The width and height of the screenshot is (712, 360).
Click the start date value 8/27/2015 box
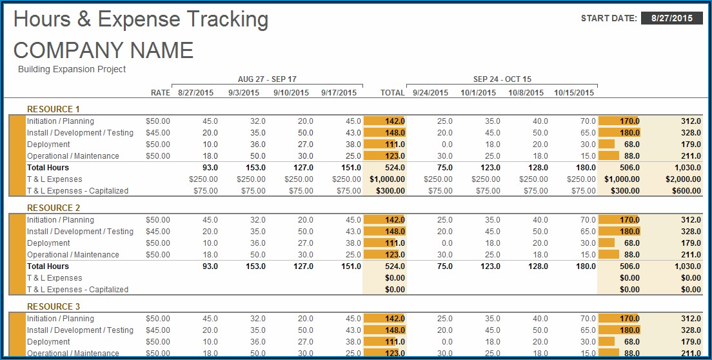pos(671,18)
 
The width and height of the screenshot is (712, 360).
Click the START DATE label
pos(609,18)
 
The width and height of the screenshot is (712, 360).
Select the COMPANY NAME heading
pos(103,50)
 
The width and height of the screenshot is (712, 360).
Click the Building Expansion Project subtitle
pos(72,69)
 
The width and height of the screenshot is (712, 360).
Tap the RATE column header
pos(161,93)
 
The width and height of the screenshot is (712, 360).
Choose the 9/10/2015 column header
pos(291,93)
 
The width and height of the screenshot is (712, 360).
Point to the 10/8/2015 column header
pos(526,93)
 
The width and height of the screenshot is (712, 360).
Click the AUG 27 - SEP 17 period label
pos(267,79)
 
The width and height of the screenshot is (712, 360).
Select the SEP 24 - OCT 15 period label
pos(502,79)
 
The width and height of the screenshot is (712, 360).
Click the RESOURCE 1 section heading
pos(54,109)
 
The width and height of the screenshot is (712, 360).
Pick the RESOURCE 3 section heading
pos(54,306)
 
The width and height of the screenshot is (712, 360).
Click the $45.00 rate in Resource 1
pos(158,133)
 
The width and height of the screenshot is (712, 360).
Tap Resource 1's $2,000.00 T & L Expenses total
pos(683,179)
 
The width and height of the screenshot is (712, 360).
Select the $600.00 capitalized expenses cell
pos(687,191)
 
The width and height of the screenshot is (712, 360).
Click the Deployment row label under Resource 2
pos(48,243)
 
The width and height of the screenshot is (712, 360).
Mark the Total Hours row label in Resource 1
pos(48,168)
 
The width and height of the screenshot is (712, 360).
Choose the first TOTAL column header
pos(392,93)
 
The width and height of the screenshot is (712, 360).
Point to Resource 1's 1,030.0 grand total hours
pos(686,168)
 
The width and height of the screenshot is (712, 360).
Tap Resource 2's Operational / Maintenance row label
pos(73,255)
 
